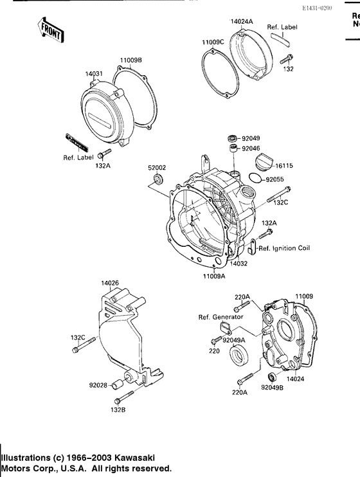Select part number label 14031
pyautogui.click(x=94, y=74)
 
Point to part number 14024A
pyautogui.click(x=242, y=21)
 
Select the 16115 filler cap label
pyautogui.click(x=285, y=165)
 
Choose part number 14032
pyautogui.click(x=240, y=264)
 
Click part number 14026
pyautogui.click(x=110, y=282)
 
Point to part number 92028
pyautogui.click(x=99, y=386)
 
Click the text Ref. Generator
pyautogui.click(x=220, y=317)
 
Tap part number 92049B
pyautogui.click(x=273, y=388)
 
